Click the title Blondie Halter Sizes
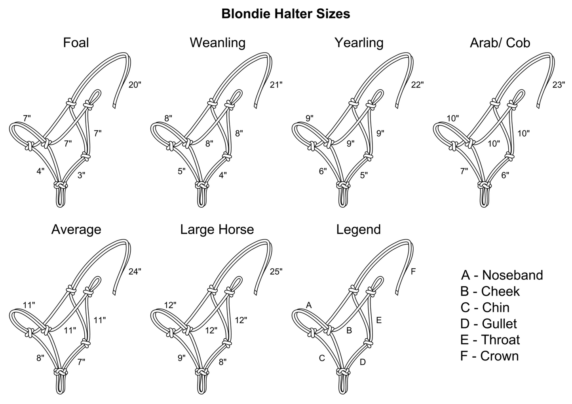pos(285,14)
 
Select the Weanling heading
pos(217,42)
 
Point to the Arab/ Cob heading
pos(500,42)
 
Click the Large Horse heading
pos(217,230)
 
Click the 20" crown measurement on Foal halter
pos(135,84)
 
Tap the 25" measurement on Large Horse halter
pos(276,271)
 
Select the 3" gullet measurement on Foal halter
pos(81,175)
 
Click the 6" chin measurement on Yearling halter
pos(323,171)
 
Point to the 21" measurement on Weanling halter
pos(276,84)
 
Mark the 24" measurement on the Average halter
pos(135,271)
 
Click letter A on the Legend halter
pos(309,305)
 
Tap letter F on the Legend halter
pos(413,271)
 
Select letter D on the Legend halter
pos(363,362)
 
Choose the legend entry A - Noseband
pos(502,275)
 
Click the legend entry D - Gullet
pos(488,324)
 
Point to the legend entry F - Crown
pos(489,356)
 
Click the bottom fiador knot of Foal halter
pos(61,185)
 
